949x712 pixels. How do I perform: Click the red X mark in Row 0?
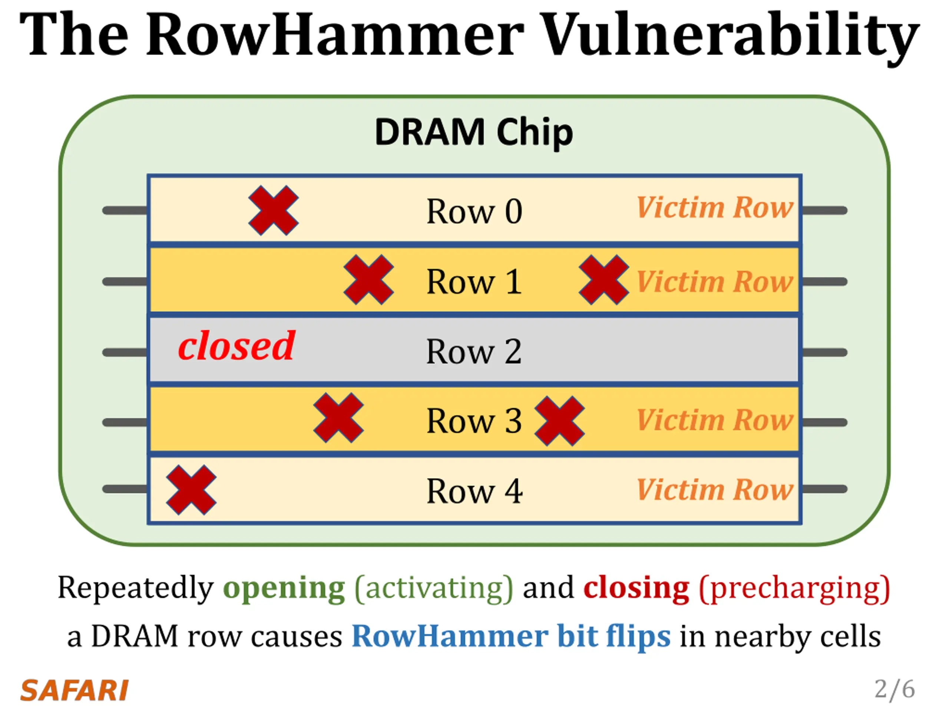[274, 210]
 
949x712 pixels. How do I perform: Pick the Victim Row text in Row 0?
[715, 207]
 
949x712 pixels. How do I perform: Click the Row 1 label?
[474, 281]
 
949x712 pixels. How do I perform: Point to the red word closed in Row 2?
[237, 346]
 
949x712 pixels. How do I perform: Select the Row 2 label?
[474, 352]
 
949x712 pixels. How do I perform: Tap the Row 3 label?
[474, 421]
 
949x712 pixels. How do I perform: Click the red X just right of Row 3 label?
[559, 421]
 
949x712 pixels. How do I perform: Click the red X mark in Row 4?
[191, 490]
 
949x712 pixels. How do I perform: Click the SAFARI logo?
[74, 690]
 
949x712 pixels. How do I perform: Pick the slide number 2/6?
[895, 689]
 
